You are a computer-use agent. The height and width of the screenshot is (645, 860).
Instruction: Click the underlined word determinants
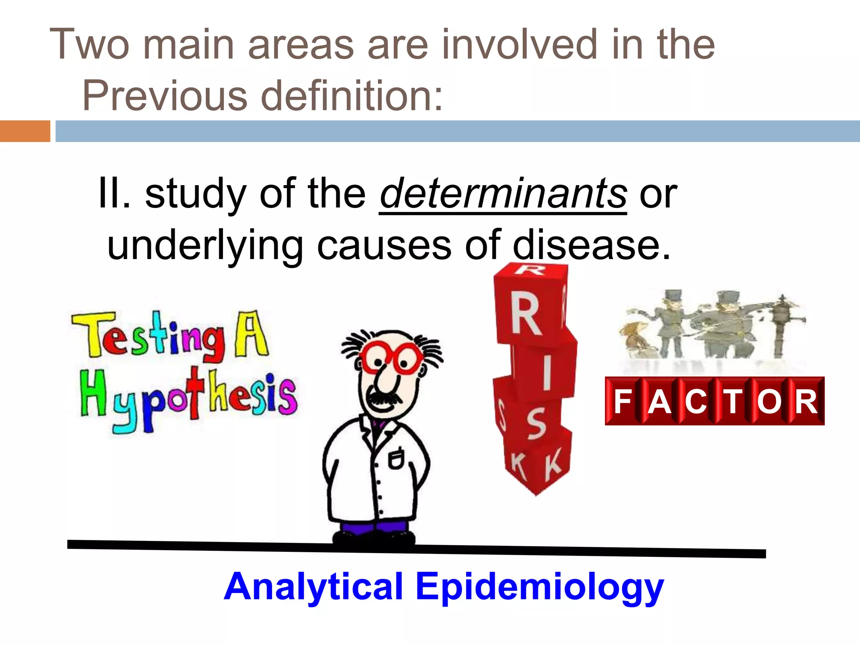pos(503,194)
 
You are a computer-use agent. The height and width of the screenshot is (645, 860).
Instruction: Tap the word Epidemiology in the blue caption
pos(540,587)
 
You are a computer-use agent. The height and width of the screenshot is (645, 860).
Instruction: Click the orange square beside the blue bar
pos(25,131)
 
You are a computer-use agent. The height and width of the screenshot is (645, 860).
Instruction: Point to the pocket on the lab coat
pos(396,458)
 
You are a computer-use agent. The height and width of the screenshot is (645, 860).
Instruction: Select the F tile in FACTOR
pos(623,401)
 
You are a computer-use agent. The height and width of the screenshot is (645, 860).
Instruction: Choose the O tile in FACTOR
pos(769,401)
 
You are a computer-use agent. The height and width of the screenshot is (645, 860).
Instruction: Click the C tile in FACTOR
pos(696,401)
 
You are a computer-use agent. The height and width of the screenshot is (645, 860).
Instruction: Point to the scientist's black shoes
pos(374,538)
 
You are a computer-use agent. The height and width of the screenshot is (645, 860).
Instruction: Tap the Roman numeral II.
pos(113,194)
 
